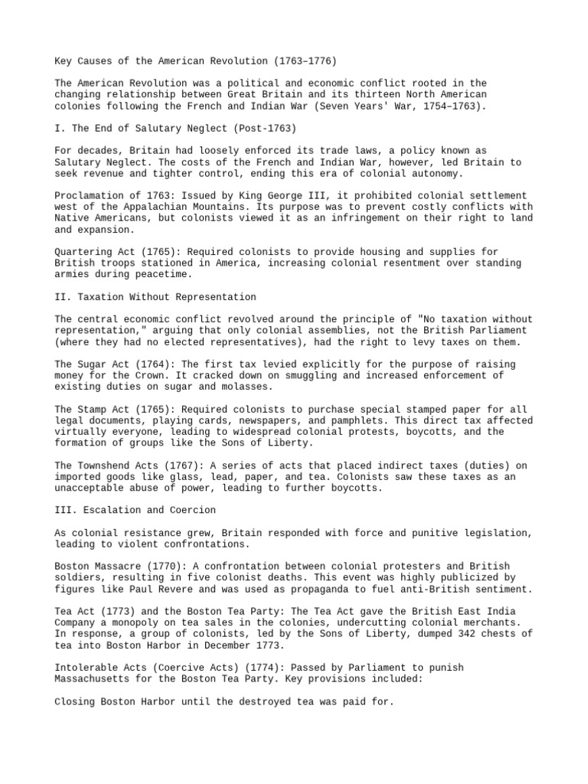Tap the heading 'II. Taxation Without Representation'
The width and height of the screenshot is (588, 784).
155,296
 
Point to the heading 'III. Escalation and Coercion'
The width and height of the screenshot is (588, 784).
136,510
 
